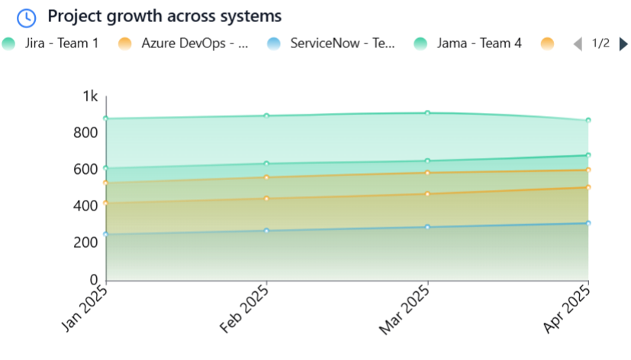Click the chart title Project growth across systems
coord(165,16)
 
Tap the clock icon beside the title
coord(26,17)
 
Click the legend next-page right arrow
coord(623,44)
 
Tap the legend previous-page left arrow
coord(578,44)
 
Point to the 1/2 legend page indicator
coord(600,43)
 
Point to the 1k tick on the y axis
coord(91,96)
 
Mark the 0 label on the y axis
coord(95,279)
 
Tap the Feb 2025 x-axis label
coord(244,308)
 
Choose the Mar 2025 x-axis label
coord(404,308)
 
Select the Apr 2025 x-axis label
coord(566,308)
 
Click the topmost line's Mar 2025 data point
coord(427,113)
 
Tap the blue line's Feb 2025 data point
coord(266,230)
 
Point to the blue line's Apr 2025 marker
coord(588,223)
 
